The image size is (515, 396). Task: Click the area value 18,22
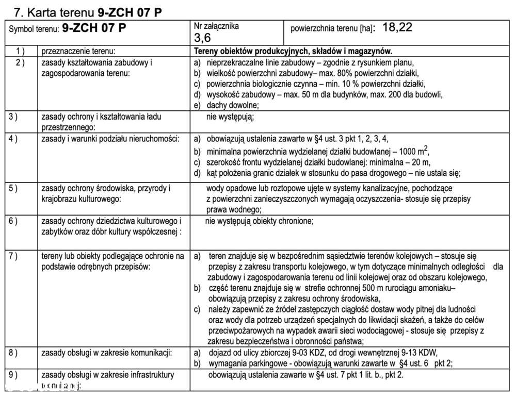tap(397, 28)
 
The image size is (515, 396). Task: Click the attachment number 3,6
tap(202, 37)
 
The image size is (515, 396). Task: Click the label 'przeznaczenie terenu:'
tap(77, 52)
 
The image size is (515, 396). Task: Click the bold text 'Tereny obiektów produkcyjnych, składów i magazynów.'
tap(293, 52)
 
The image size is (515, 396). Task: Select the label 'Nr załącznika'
tap(216, 26)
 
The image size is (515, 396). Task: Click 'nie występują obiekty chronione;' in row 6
tap(259, 221)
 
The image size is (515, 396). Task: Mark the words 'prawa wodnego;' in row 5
tap(234, 209)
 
